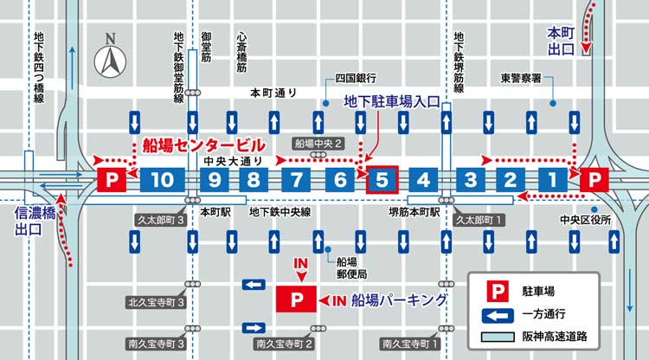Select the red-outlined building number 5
(382, 180)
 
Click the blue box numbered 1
(550, 180)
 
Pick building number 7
(296, 180)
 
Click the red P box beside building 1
(594, 180)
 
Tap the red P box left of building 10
(112, 180)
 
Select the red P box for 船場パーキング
(297, 299)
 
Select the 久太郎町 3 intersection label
(162, 220)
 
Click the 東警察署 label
(522, 77)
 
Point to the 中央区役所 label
(585, 220)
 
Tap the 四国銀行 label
(354, 77)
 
